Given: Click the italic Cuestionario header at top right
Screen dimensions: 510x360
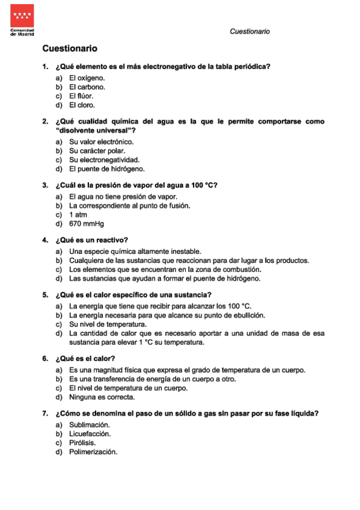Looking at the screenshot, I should (249, 31).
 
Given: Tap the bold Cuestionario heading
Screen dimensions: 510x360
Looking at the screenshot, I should (70, 48).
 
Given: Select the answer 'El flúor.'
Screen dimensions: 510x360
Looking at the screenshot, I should (81, 96).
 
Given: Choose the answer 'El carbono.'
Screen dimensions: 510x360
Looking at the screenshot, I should (87, 87).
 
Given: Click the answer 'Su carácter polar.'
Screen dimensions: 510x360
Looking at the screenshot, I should (97, 151).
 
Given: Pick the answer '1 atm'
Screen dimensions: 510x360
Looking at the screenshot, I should (79, 215).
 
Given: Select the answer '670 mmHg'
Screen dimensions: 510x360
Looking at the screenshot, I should (87, 224).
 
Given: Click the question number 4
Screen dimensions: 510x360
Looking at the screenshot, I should (45, 240).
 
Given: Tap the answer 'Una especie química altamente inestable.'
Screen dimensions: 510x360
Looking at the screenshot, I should (135, 251).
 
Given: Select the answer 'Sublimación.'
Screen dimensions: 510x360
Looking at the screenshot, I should (90, 425).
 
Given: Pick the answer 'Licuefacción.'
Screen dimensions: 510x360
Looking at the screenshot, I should (90, 434).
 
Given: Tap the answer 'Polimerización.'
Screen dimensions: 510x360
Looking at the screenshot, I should (93, 452).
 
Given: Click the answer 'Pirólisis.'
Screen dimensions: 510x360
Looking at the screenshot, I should (82, 443).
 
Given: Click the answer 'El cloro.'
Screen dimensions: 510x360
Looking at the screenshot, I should (82, 105).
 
